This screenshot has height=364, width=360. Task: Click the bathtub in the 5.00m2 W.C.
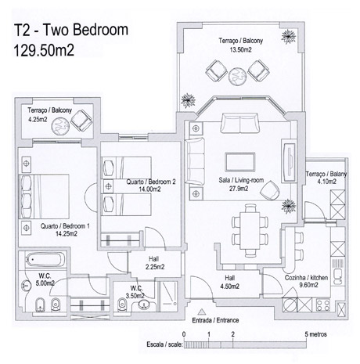pyautogui.click(x=45, y=260)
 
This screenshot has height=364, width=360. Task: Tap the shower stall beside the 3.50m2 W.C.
pyautogui.click(x=169, y=296)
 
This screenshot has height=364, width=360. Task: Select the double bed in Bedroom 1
pyautogui.click(x=44, y=196)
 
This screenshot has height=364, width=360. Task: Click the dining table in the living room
pyautogui.click(x=250, y=230)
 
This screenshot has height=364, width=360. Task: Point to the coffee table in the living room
pyautogui.click(x=240, y=162)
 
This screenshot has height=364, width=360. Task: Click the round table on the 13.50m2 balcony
pyautogui.click(x=237, y=76)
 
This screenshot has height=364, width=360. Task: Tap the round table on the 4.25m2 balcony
pyautogui.click(x=60, y=127)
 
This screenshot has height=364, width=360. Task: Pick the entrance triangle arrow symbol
pyautogui.click(x=201, y=312)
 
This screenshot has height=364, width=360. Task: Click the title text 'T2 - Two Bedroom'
pyautogui.click(x=71, y=30)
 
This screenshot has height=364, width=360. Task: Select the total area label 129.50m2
pyautogui.click(x=44, y=50)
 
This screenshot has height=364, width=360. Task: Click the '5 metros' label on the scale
pyautogui.click(x=315, y=334)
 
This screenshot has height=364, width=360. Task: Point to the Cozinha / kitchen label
pyautogui.click(x=306, y=278)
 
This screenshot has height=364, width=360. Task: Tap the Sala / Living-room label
pyautogui.click(x=241, y=180)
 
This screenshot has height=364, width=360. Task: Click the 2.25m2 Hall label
pyautogui.click(x=155, y=263)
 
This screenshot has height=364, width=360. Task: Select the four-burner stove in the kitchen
pyautogui.click(x=323, y=305)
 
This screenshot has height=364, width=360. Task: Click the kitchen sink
pyautogui.click(x=338, y=276)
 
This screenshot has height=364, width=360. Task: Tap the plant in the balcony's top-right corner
pyautogui.click(x=289, y=37)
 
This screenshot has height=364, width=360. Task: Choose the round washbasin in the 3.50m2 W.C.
pyautogui.click(x=144, y=305)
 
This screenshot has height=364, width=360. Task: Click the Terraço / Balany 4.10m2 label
pyautogui.click(x=326, y=178)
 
